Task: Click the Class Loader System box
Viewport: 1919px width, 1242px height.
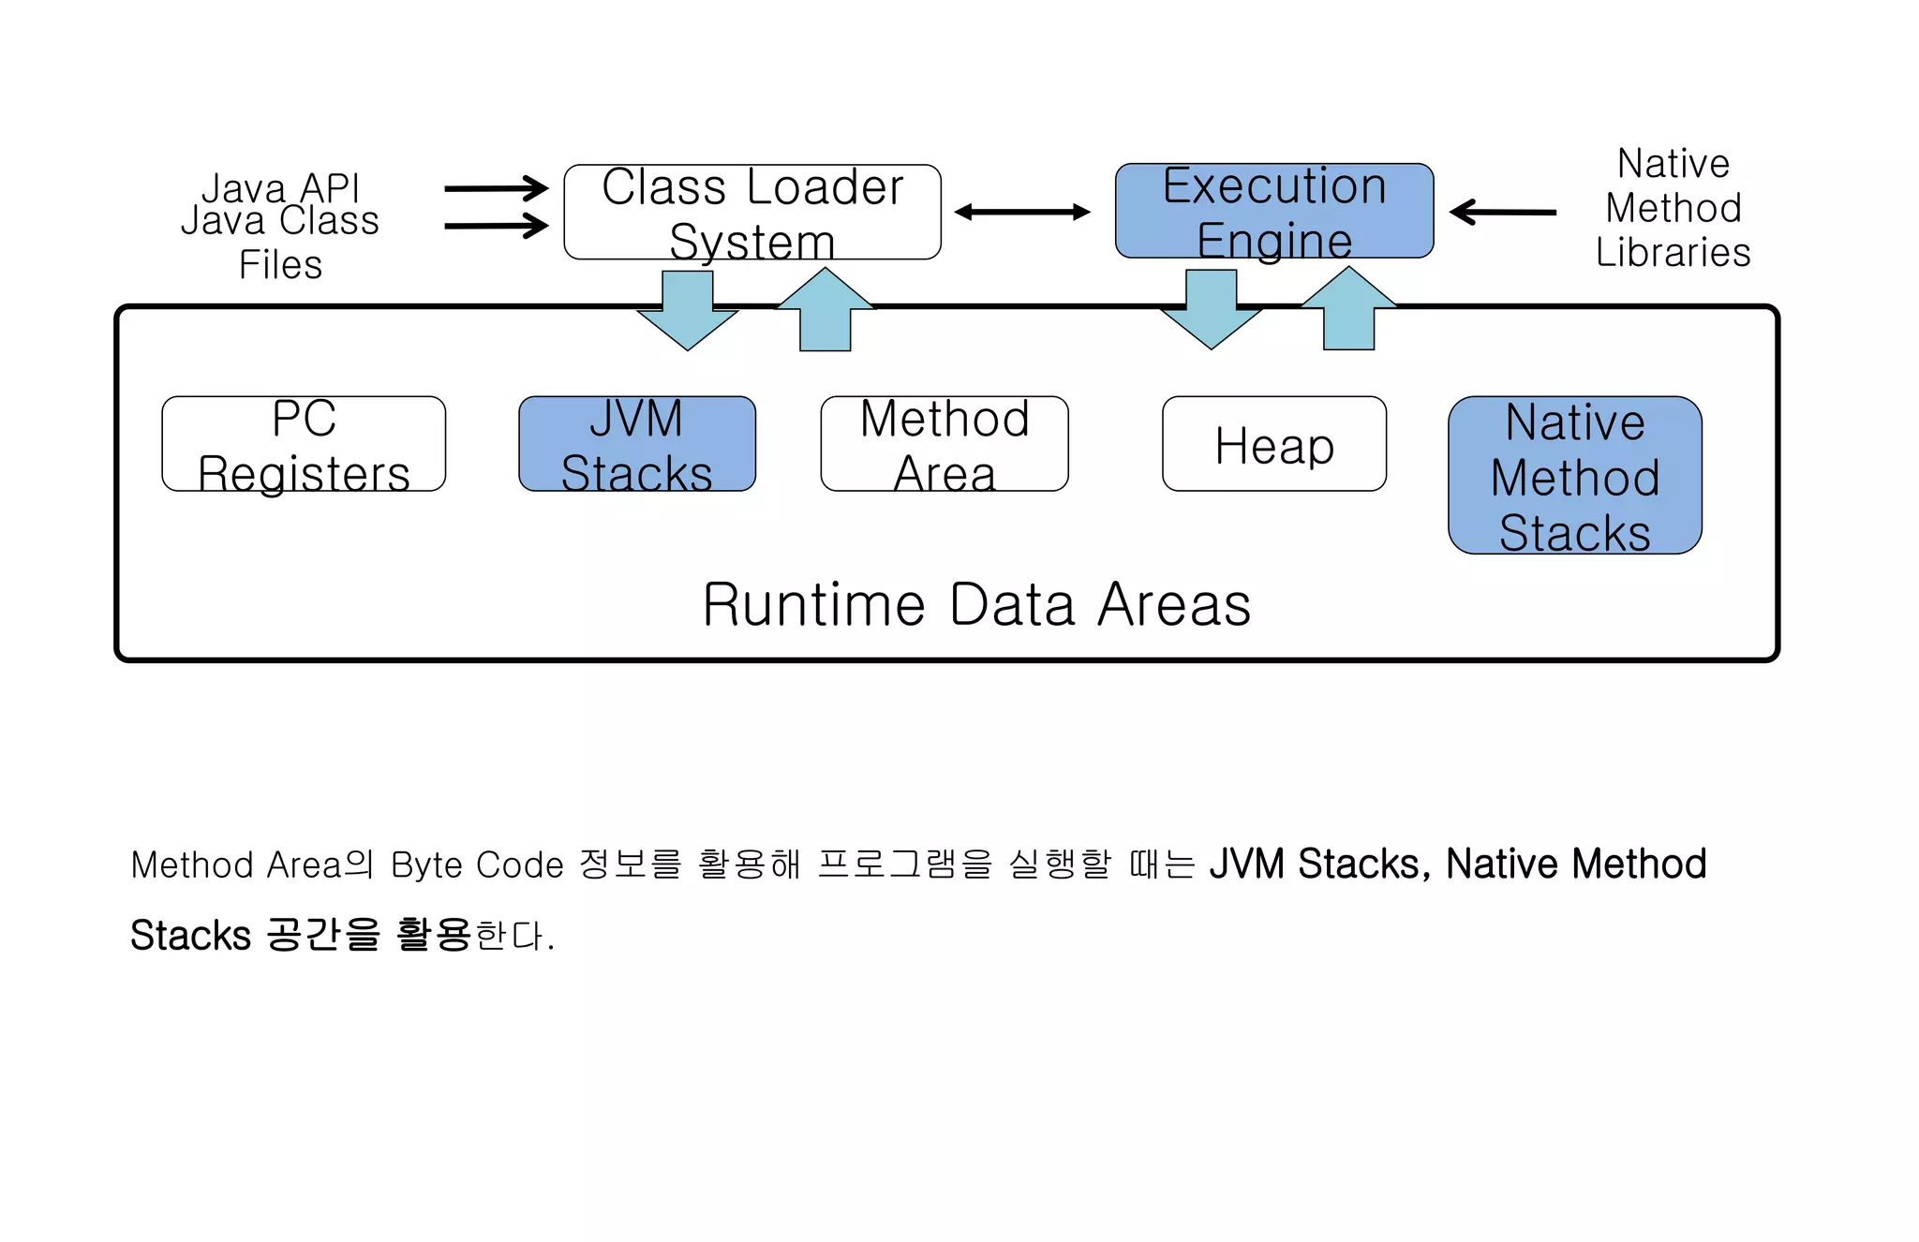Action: click(x=752, y=213)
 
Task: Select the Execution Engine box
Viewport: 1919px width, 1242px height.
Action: click(x=1274, y=212)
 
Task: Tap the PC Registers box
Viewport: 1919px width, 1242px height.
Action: click(x=304, y=444)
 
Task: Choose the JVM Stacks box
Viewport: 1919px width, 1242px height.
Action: click(x=637, y=444)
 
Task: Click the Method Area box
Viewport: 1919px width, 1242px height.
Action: click(x=945, y=444)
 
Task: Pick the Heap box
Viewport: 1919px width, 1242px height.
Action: click(x=1274, y=444)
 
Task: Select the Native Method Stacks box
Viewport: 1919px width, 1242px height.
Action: click(x=1575, y=476)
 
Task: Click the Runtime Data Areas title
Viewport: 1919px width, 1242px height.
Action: click(x=976, y=605)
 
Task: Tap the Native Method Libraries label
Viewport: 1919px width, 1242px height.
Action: click(x=1674, y=208)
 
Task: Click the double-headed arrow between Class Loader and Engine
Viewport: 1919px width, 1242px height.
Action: click(x=1022, y=213)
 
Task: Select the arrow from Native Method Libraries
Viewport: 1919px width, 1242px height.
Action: click(x=1503, y=213)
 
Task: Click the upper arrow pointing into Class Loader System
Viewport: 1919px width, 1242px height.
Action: click(x=496, y=188)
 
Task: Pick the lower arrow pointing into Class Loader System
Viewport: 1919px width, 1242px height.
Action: click(x=496, y=226)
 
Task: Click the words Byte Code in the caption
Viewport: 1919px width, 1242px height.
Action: click(x=477, y=865)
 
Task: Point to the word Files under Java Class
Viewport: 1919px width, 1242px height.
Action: click(x=280, y=265)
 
